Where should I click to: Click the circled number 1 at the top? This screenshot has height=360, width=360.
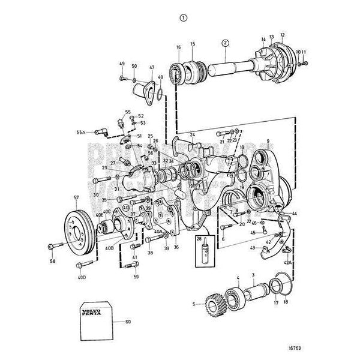pyautogui.click(x=182, y=17)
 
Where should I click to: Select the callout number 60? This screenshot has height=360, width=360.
pyautogui.click(x=128, y=322)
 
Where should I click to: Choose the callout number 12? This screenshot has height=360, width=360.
pyautogui.click(x=283, y=35)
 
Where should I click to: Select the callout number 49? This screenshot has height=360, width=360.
pyautogui.click(x=122, y=64)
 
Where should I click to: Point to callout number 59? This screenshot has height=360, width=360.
pyautogui.click(x=136, y=277)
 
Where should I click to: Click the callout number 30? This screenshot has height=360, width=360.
pyautogui.click(x=96, y=194)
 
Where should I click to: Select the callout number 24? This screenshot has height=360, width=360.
pyautogui.click(x=192, y=134)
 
